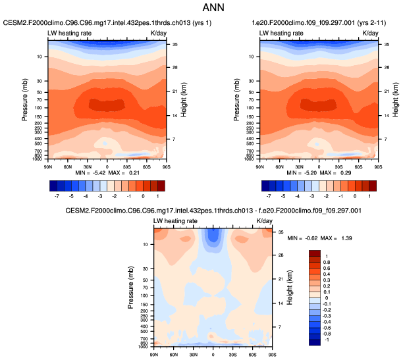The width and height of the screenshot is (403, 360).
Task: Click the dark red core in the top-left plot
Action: click(x=99, y=104)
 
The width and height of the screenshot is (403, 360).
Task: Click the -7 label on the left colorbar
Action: click(x=57, y=196)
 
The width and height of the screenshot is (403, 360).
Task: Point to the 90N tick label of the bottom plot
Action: click(x=154, y=354)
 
